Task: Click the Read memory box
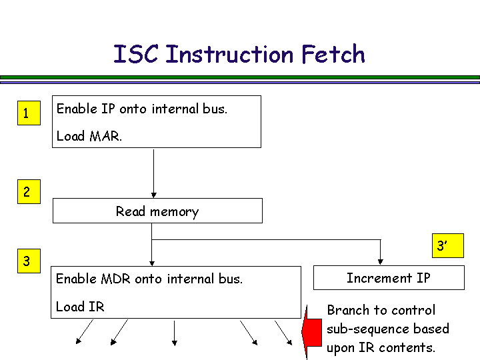pyautogui.click(x=157, y=211)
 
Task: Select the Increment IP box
pyautogui.click(x=389, y=278)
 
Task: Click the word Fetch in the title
pyautogui.click(x=332, y=54)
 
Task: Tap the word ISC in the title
pyautogui.click(x=135, y=54)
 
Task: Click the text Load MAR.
pyautogui.click(x=89, y=136)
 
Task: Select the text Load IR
pyautogui.click(x=80, y=307)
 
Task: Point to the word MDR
pyautogui.click(x=116, y=279)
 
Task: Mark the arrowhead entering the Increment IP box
pyautogui.click(x=381, y=261)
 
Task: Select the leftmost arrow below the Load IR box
pyautogui.click(x=84, y=332)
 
